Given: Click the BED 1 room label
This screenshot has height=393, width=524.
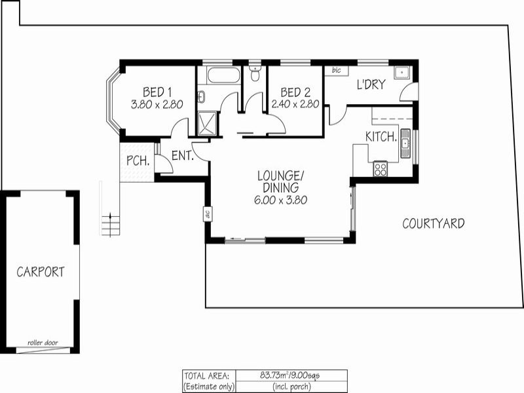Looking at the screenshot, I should [x=157, y=92].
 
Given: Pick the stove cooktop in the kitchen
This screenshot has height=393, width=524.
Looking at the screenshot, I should [x=380, y=169].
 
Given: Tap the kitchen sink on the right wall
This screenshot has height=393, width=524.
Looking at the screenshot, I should [x=405, y=143].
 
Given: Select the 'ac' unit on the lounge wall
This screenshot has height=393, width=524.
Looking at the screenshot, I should [x=206, y=214].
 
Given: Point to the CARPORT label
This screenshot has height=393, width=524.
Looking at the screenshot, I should [x=41, y=272].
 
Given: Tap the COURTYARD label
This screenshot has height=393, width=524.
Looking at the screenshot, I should [x=433, y=223].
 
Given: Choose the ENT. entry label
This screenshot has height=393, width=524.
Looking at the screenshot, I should [x=182, y=156].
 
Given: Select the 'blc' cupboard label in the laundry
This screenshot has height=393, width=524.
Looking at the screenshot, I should [x=336, y=69].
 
